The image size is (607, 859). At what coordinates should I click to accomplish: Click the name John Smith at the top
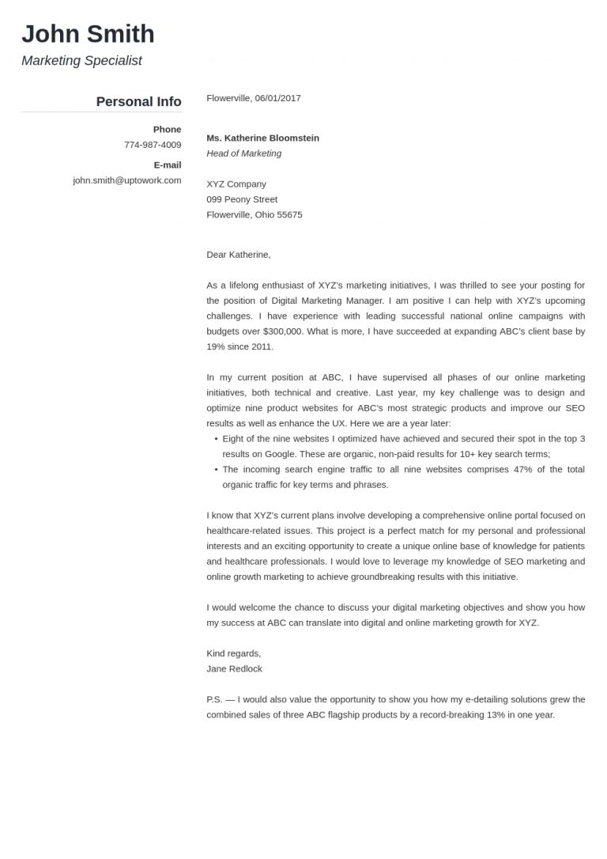88,34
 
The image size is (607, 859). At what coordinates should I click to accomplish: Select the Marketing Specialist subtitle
81,61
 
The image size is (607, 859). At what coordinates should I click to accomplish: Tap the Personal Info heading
138,101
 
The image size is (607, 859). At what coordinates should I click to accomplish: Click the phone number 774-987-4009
153,145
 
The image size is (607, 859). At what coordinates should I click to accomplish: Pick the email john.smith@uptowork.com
126,180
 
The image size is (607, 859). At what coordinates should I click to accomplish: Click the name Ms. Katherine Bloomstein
262,138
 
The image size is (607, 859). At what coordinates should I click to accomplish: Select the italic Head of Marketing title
243,153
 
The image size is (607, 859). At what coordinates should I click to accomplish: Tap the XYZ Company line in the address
236,184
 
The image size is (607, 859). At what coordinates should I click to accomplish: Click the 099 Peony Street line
242,199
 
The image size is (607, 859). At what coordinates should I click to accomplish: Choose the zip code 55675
288,214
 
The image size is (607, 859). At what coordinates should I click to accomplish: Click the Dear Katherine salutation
238,255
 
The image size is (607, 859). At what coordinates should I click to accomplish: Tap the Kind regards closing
233,653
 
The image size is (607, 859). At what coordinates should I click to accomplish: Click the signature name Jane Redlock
234,668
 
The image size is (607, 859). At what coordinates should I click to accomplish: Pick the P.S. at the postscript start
215,699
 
